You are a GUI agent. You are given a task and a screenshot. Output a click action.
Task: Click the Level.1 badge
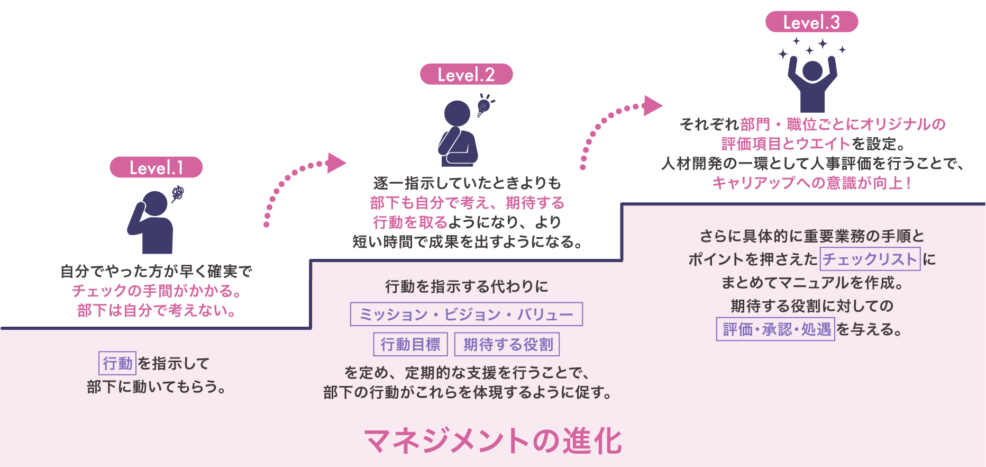point(156,167)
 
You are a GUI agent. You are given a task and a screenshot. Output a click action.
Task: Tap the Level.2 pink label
point(466,75)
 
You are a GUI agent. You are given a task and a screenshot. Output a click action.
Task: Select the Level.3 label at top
point(811,22)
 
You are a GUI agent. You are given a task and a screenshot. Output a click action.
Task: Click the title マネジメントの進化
point(493,441)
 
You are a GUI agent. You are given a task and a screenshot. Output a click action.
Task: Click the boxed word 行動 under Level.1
point(117,363)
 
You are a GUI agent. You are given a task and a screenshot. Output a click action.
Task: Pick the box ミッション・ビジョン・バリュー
point(466,315)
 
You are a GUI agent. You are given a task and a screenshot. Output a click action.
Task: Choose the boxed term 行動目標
point(410,345)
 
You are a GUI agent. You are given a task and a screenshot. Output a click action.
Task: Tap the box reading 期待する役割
point(508,345)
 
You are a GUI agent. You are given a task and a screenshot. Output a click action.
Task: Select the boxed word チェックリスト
point(870,259)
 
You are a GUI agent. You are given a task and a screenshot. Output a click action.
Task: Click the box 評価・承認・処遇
point(775,329)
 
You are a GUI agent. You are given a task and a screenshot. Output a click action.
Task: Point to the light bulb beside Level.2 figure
point(484,105)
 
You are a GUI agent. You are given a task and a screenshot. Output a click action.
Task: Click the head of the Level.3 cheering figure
point(812,70)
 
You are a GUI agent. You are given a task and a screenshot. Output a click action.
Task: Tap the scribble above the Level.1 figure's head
point(178,193)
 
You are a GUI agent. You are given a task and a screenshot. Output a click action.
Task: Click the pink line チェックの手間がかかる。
point(157,291)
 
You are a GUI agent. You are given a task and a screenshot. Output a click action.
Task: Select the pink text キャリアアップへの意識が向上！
point(811,183)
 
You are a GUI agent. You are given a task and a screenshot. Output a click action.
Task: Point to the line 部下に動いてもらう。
point(157,387)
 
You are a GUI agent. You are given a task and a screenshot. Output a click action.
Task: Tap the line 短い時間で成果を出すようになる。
point(468,242)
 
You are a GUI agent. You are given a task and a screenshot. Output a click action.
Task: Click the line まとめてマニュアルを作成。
point(812,283)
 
